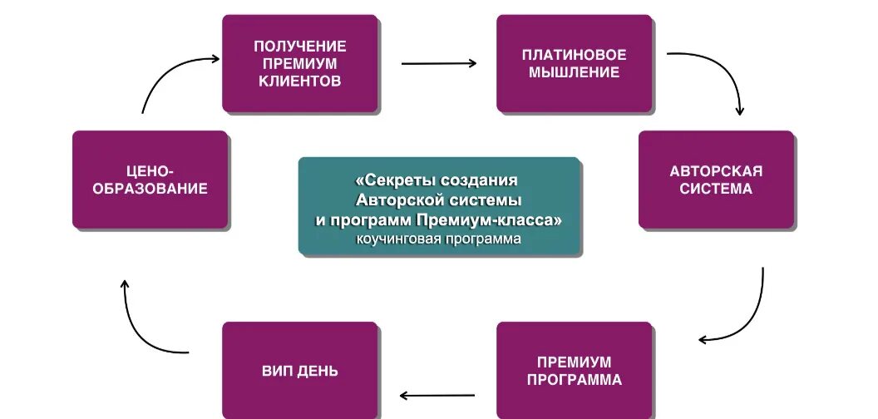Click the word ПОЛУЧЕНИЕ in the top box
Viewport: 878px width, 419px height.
(300, 46)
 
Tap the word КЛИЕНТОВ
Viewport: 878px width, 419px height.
(300, 81)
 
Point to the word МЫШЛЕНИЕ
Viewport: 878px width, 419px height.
(574, 72)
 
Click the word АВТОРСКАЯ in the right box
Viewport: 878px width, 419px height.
(716, 170)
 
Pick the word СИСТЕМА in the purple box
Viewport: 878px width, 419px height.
(716, 189)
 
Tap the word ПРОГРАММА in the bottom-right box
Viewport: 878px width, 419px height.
(574, 380)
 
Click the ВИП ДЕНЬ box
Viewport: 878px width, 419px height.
(300, 371)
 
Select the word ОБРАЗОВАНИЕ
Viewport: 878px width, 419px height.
(150, 189)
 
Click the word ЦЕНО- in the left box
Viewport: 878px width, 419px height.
(150, 170)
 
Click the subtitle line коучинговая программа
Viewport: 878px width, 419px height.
(439, 239)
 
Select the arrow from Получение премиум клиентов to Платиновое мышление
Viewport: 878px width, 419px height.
(439, 62)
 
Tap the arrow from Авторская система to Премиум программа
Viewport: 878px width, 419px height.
(748, 316)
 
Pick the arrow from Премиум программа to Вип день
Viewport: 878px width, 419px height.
(437, 395)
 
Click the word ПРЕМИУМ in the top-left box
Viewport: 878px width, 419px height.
(300, 64)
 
